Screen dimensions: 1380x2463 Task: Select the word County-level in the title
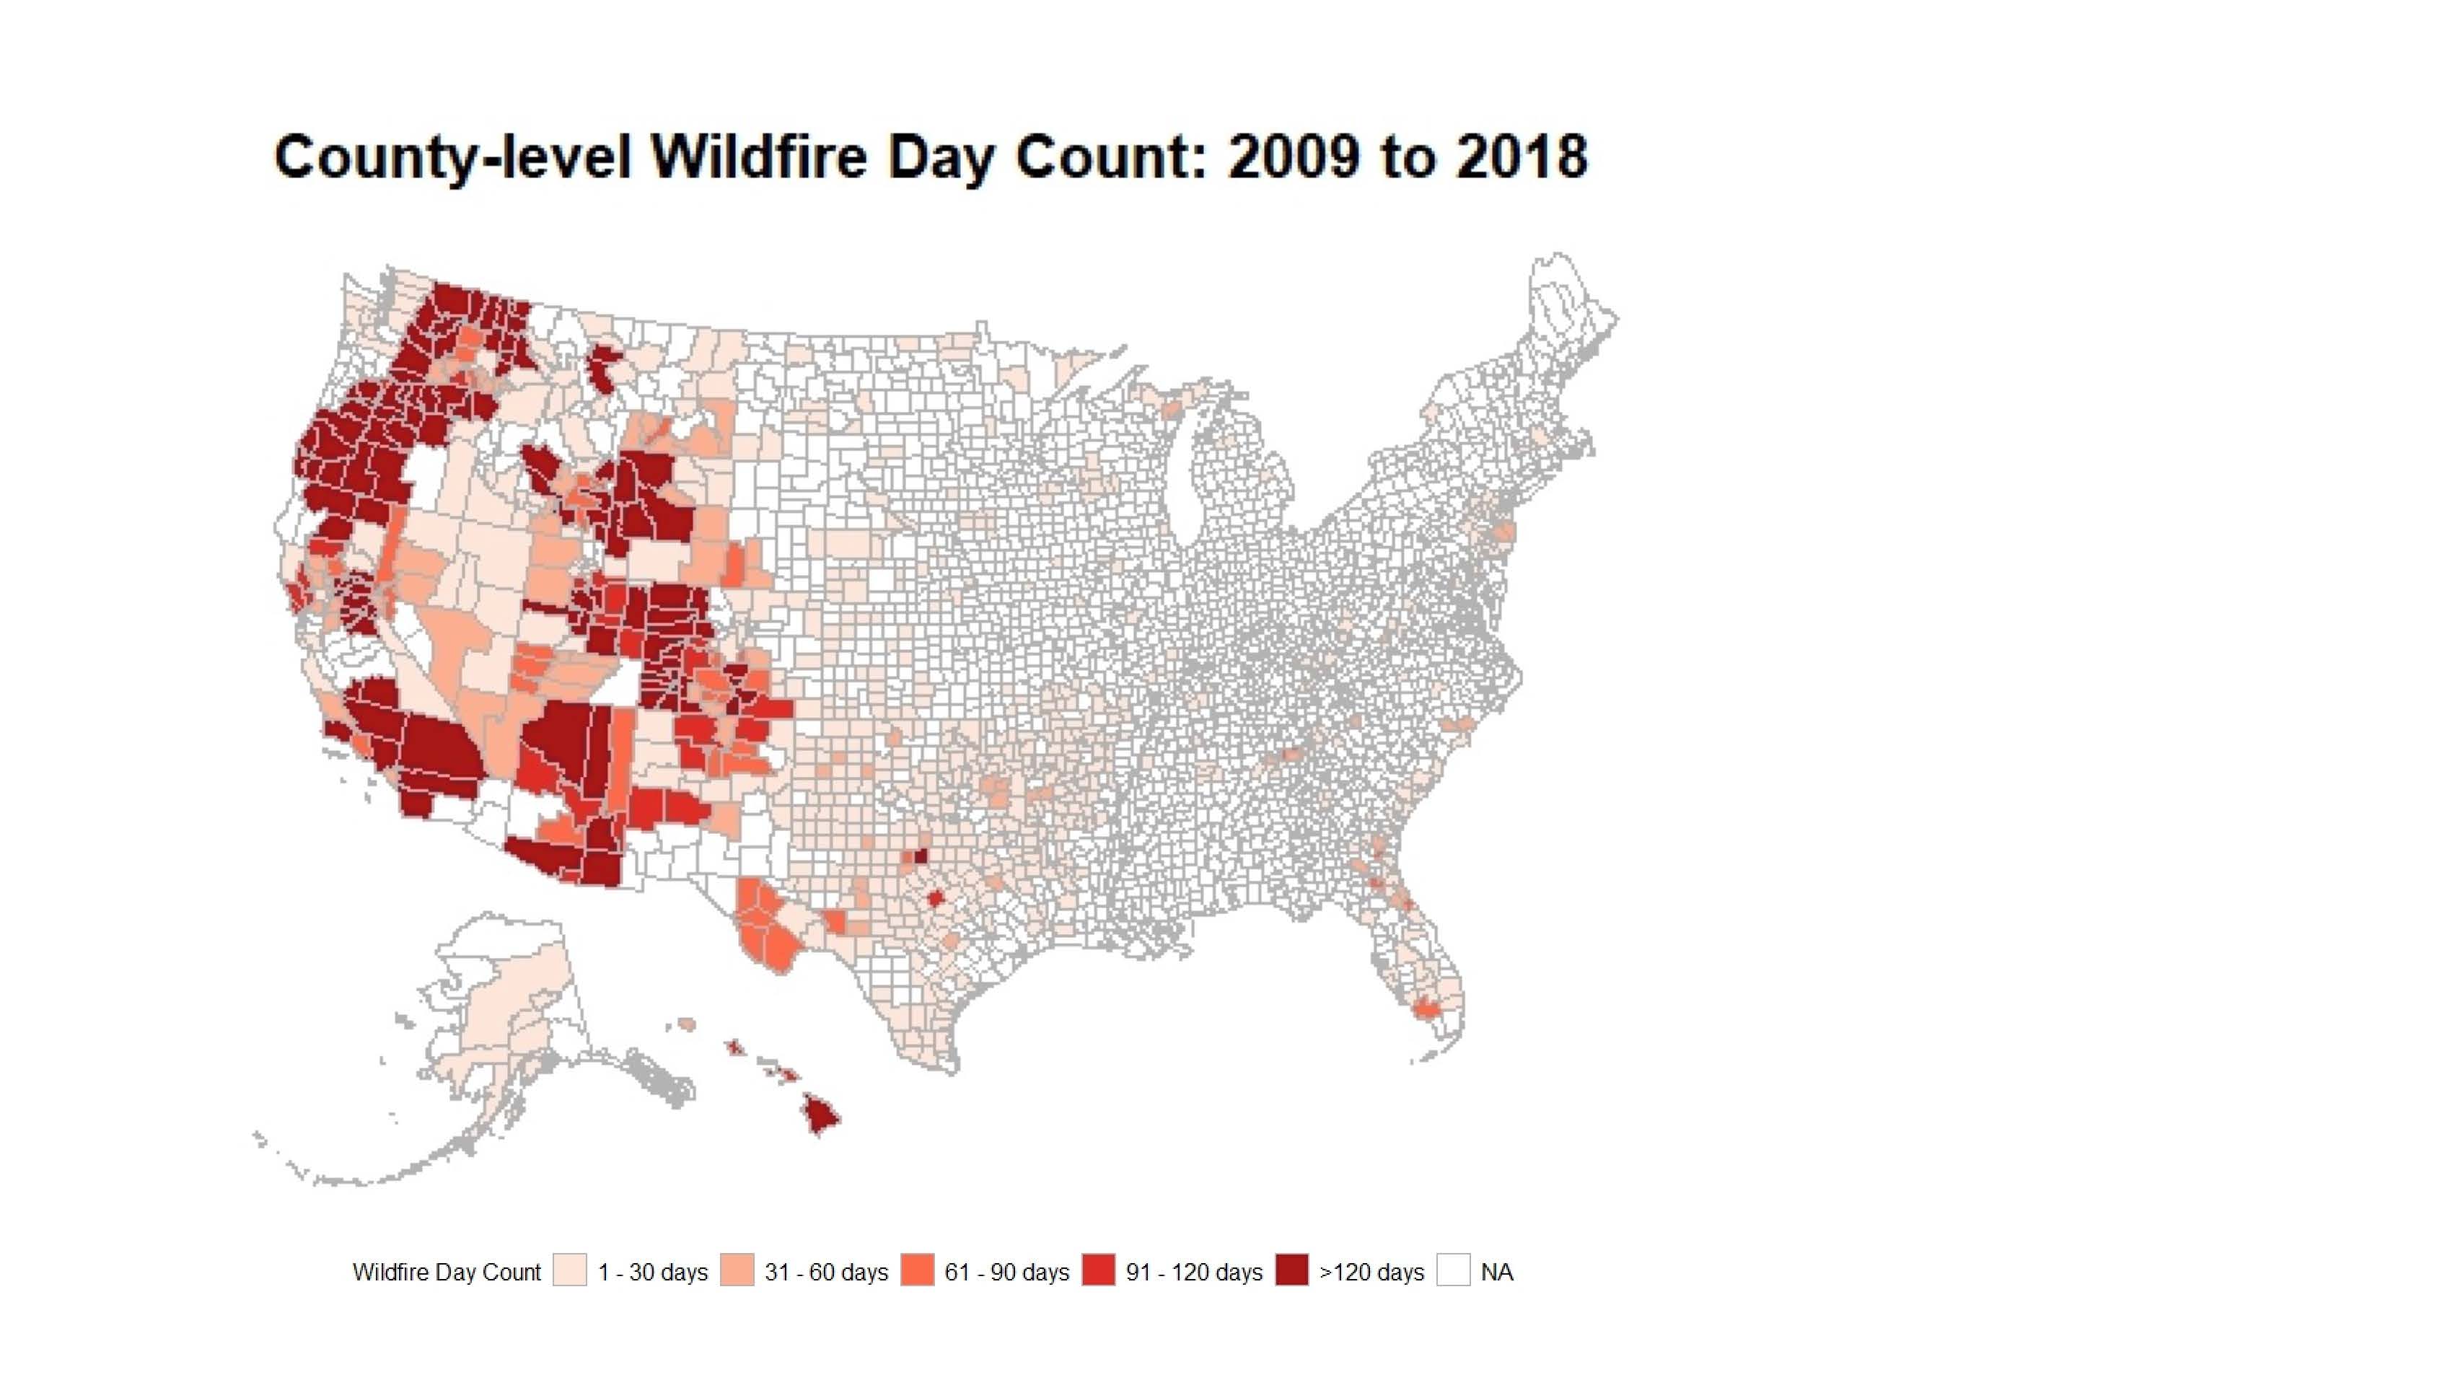pyautogui.click(x=452, y=156)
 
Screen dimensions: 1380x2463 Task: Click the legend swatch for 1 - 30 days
pyautogui.click(x=570, y=1270)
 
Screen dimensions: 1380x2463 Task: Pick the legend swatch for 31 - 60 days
pyautogui.click(x=736, y=1270)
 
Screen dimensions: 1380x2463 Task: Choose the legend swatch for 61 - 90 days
pyautogui.click(x=917, y=1270)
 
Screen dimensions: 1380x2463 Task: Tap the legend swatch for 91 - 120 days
pyautogui.click(x=1099, y=1270)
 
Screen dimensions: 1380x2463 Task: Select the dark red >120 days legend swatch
pyautogui.click(x=1291, y=1270)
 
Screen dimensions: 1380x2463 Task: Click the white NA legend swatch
pyautogui.click(x=1453, y=1270)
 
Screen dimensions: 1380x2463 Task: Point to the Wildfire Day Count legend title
pyautogui.click(x=447, y=1272)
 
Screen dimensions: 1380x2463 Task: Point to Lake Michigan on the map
pyautogui.click(x=1188, y=478)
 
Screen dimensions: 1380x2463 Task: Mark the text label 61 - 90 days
pyautogui.click(x=1007, y=1272)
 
